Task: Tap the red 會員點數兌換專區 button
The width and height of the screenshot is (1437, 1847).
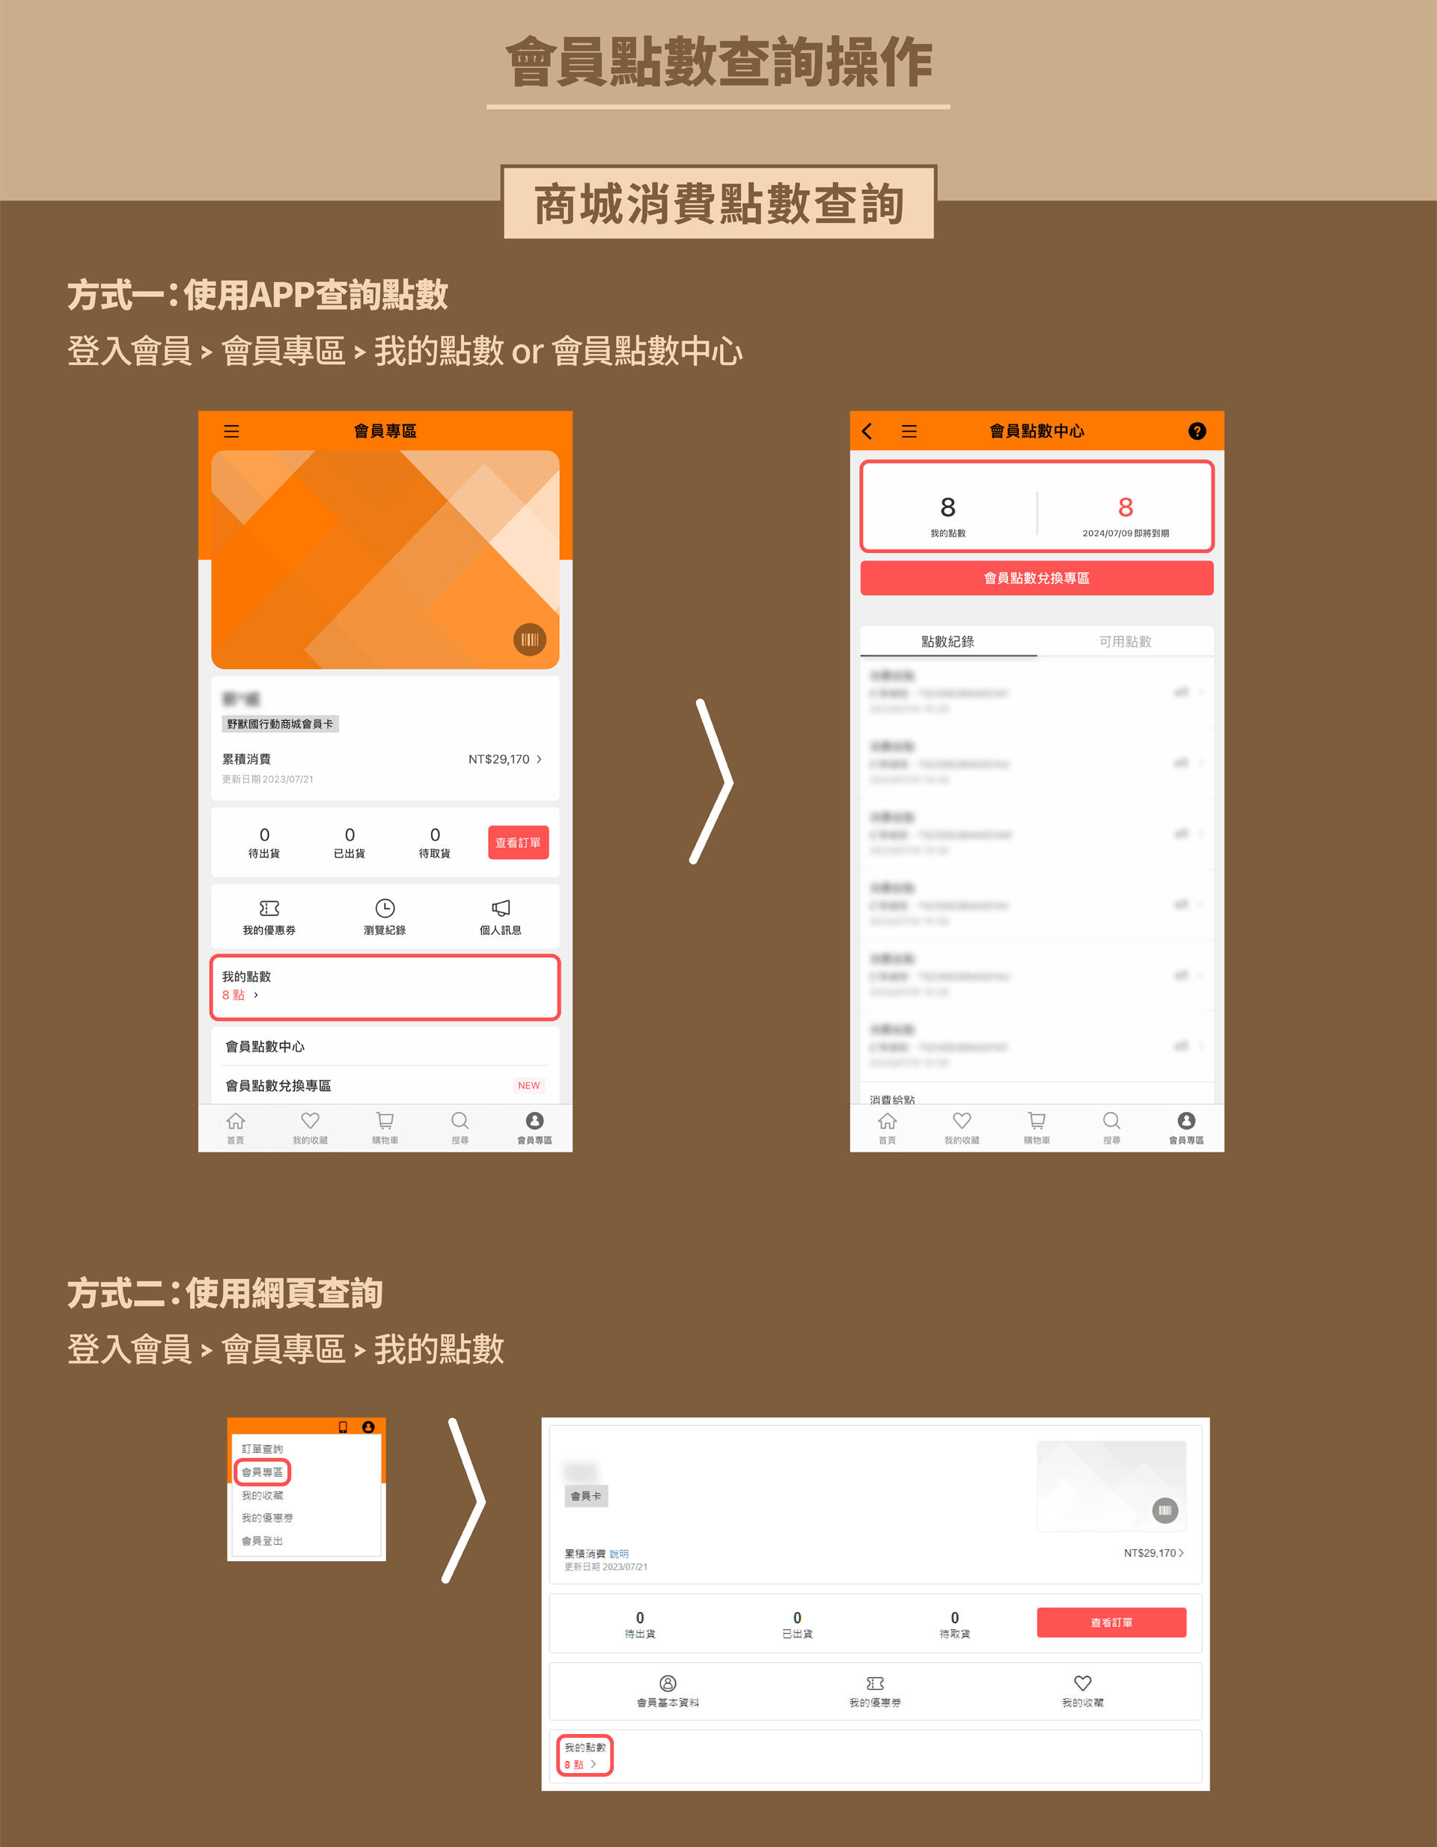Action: point(1036,578)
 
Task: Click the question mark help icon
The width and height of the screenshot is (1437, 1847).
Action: point(1197,431)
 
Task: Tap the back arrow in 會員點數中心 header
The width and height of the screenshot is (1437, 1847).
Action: point(867,431)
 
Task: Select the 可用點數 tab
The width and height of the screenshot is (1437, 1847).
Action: point(1125,641)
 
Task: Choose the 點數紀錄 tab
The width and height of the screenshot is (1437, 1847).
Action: point(948,641)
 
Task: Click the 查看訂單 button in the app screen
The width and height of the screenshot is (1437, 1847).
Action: point(518,843)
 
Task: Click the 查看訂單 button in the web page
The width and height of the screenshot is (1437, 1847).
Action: point(1111,1622)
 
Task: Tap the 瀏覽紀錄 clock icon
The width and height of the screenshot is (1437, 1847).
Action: point(385,909)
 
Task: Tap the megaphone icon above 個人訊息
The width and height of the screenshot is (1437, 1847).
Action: point(501,909)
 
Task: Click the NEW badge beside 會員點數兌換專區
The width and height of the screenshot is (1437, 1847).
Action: point(528,1085)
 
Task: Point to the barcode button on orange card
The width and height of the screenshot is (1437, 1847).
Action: point(529,639)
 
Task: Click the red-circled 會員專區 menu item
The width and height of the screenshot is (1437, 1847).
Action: point(262,1472)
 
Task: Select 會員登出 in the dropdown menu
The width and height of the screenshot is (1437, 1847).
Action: point(262,1541)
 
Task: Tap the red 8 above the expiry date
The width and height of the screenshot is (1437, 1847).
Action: point(1125,507)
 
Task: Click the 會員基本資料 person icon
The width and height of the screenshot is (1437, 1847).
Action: point(668,1683)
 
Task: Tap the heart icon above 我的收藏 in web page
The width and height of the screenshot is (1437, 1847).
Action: point(1082,1683)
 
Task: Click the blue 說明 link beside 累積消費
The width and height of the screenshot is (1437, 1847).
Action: point(619,1554)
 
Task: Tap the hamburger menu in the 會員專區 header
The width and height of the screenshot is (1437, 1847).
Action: point(231,431)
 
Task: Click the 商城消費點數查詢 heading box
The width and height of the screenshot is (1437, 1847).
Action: point(719,204)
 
